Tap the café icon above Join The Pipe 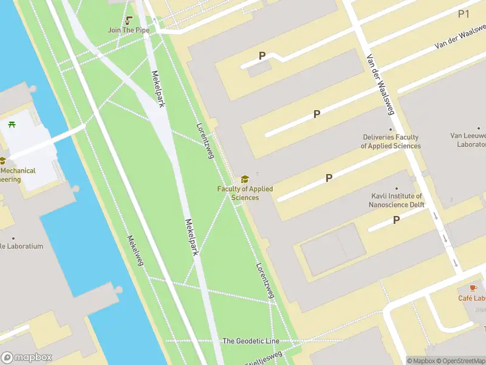[129, 20]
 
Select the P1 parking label [464, 13]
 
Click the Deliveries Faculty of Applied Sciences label [391, 142]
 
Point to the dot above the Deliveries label [391, 129]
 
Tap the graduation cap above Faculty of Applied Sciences [245, 179]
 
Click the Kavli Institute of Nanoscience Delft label [397, 200]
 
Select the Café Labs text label [472, 298]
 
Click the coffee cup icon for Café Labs [473, 288]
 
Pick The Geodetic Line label [251, 341]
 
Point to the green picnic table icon [12, 125]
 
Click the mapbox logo [27, 358]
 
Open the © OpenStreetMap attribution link [458, 361]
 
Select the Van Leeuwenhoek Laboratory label [468, 140]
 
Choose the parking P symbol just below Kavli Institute [396, 220]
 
